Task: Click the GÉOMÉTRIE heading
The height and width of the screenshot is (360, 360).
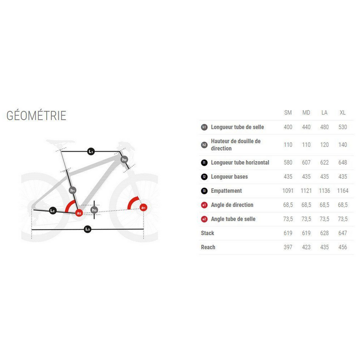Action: point(36,115)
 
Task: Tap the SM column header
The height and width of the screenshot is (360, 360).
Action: point(288,112)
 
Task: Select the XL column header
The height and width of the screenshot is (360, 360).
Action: point(342,112)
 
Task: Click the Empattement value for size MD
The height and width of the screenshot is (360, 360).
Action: point(306,190)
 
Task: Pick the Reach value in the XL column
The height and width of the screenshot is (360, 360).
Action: point(342,247)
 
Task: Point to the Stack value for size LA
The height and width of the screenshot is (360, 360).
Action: point(324,233)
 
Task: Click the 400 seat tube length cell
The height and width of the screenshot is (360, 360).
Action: point(288,127)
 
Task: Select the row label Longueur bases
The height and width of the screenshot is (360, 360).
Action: point(229,176)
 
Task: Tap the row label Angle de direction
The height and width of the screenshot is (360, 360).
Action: point(232,205)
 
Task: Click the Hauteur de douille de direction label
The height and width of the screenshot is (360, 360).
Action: point(235,144)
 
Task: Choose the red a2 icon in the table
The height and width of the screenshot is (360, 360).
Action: point(204,219)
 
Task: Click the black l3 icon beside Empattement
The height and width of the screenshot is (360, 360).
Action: point(204,191)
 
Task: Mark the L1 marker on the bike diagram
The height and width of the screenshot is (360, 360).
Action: point(91,151)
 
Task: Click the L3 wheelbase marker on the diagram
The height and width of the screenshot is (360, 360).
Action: point(87,229)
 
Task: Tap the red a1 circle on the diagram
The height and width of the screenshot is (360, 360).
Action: point(143,207)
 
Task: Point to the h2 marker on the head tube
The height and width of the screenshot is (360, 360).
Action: point(124,159)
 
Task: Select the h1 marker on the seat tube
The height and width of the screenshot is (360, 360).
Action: point(72,190)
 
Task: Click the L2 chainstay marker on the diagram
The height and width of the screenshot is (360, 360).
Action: point(53,211)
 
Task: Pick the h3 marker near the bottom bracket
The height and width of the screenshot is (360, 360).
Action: point(94,210)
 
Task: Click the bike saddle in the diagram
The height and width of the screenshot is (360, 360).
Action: point(60,142)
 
